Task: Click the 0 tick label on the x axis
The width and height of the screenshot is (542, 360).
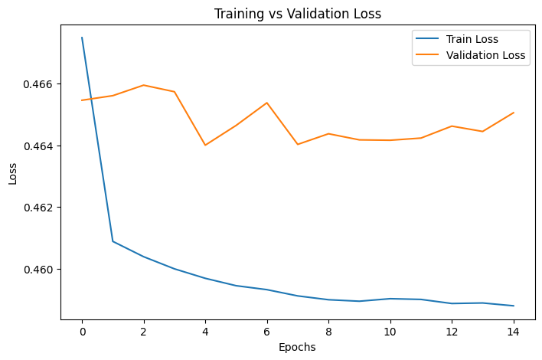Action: click(x=82, y=332)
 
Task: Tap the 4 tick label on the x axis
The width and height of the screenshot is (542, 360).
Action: click(x=205, y=332)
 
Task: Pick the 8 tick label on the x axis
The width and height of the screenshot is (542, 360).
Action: click(x=328, y=332)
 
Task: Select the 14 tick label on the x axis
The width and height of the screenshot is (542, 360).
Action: click(x=514, y=332)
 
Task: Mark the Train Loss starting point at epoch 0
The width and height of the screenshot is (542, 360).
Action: click(x=82, y=38)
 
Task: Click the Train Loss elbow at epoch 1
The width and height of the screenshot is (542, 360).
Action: click(x=113, y=241)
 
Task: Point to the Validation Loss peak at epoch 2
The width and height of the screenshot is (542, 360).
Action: click(x=144, y=85)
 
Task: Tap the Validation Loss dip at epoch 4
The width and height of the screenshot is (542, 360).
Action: click(x=205, y=145)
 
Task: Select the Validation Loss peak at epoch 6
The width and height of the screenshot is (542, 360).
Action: click(x=267, y=103)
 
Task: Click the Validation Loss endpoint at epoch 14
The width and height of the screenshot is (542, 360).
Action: click(x=514, y=113)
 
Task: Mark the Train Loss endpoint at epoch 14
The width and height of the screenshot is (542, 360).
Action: click(x=514, y=306)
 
